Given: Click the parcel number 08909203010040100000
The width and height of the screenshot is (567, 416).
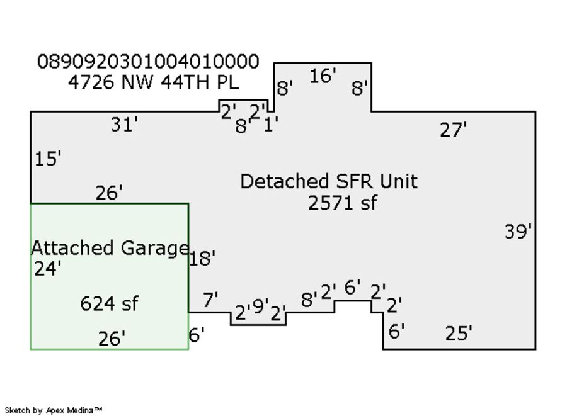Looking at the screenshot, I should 148,62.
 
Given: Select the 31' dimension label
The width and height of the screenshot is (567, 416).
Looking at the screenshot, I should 124,125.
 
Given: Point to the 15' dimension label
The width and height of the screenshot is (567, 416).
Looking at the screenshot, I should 48,159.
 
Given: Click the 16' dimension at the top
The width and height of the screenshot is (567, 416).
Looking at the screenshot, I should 323,76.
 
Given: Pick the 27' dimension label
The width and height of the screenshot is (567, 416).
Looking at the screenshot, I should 453,130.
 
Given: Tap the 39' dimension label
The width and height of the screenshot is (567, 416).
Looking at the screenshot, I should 518,232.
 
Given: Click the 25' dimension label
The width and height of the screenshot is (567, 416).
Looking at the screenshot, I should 459,334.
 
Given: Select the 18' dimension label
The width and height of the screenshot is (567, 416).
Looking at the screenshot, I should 202,258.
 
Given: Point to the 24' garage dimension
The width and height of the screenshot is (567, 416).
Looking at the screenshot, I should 47,269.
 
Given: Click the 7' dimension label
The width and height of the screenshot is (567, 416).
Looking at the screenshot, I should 210,300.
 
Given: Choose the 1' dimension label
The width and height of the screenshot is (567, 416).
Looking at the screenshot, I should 271,125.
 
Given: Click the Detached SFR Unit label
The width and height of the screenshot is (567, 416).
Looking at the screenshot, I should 328,181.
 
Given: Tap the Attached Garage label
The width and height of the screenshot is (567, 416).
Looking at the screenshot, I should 110,248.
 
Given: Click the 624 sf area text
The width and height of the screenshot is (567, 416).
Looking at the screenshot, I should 109,304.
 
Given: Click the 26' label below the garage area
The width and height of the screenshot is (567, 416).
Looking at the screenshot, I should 112,339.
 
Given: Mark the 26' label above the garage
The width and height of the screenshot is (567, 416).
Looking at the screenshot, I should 109,193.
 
